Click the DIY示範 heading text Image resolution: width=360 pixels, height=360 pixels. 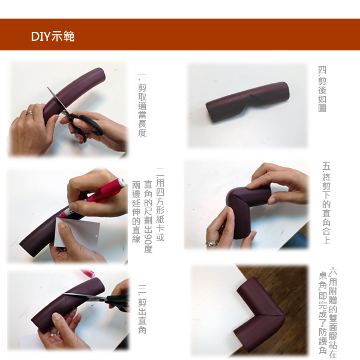[x=53, y=37]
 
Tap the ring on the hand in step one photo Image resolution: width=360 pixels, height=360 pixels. [x=29, y=112]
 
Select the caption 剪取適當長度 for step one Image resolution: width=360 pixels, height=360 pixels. [x=142, y=105]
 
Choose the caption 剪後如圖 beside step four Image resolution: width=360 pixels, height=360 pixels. [x=322, y=89]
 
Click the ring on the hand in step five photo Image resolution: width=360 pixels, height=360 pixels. [x=212, y=244]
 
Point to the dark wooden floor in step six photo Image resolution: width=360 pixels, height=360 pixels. [x=288, y=282]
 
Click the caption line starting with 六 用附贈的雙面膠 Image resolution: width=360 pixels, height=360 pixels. [x=334, y=312]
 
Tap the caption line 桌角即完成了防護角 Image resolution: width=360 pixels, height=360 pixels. [x=322, y=312]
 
